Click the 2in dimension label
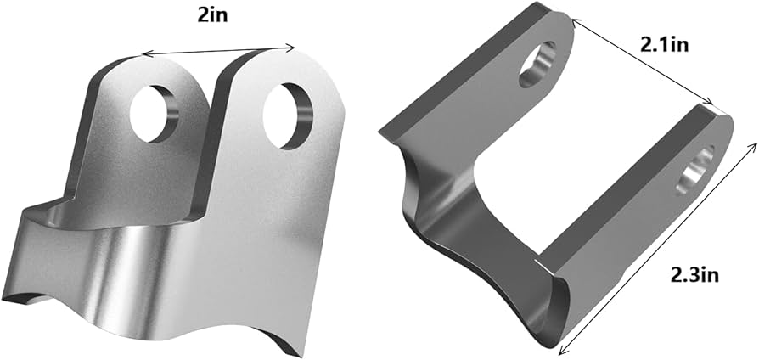[211, 16]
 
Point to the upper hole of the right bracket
[538, 64]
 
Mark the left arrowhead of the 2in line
[145, 54]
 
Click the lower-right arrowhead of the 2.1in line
[711, 103]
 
